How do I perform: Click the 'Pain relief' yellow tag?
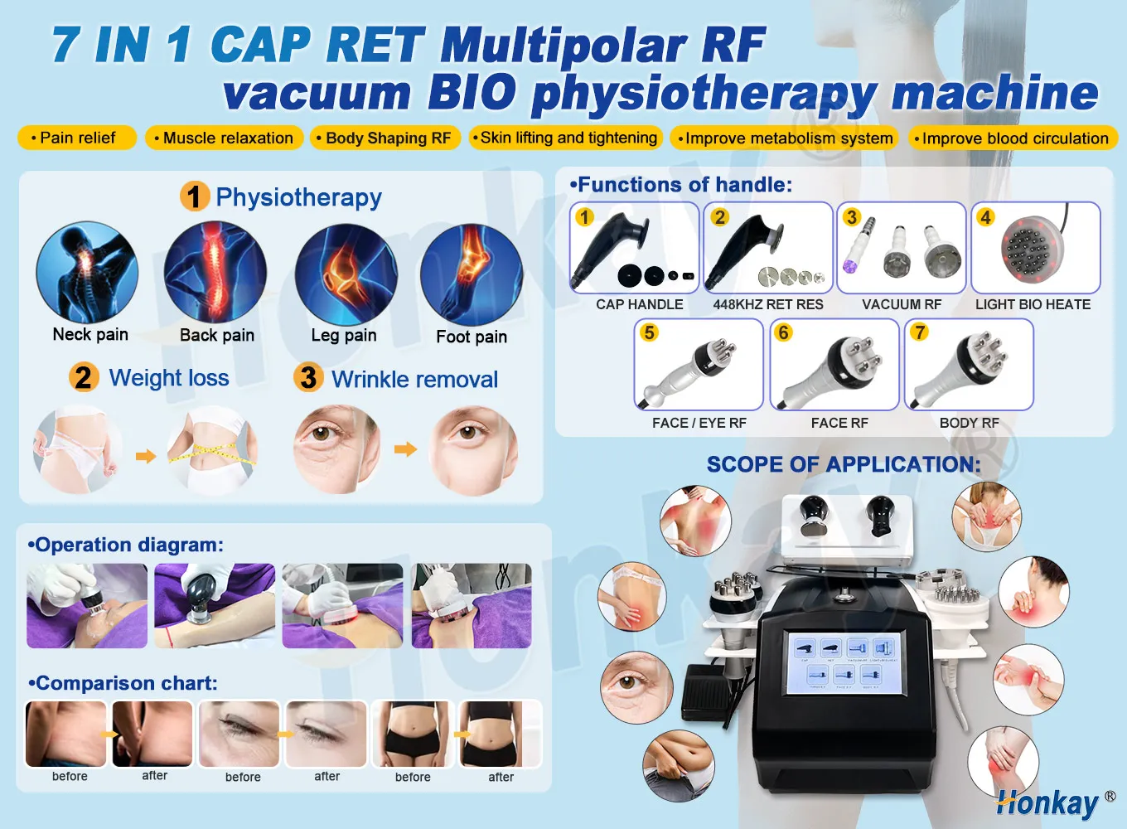pyautogui.click(x=77, y=138)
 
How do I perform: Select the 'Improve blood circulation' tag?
pyautogui.click(x=1013, y=138)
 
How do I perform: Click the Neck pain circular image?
pyautogui.click(x=87, y=272)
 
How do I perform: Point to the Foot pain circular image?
pyautogui.click(x=472, y=275)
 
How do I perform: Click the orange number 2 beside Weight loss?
pyautogui.click(x=84, y=377)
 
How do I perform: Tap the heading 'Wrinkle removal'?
pyautogui.click(x=414, y=380)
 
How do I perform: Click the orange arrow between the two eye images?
pyautogui.click(x=405, y=449)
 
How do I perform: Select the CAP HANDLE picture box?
pyautogui.click(x=635, y=248)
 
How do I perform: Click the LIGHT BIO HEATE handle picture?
pyautogui.click(x=1036, y=248)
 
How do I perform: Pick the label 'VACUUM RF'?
pyautogui.click(x=902, y=305)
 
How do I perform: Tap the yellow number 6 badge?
pyautogui.click(x=783, y=332)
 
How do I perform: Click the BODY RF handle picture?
pyautogui.click(x=970, y=365)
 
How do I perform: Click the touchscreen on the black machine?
pyautogui.click(x=844, y=662)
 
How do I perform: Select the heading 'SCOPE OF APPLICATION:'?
pyautogui.click(x=843, y=464)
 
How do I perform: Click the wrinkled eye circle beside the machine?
pyautogui.click(x=632, y=685)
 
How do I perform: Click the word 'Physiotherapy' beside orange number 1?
pyautogui.click(x=298, y=197)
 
